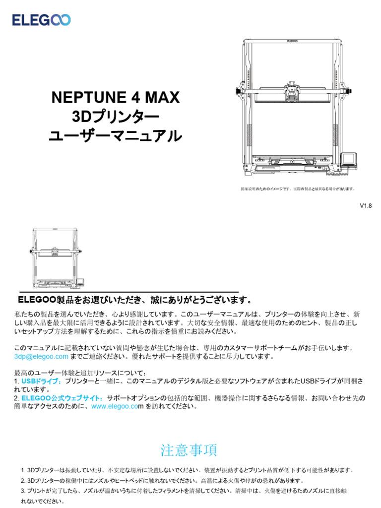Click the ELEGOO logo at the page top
42,20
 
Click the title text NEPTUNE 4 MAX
115,98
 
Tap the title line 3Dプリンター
115,117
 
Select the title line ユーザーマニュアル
115,136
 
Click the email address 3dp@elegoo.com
41,357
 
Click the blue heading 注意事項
189,450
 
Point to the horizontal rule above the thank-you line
129,292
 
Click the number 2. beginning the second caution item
23,481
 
